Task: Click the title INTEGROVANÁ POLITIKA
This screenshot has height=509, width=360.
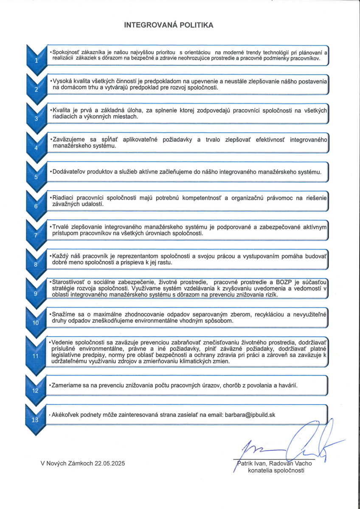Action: click(x=169, y=25)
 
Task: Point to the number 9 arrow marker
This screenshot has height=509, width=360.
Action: click(x=36, y=293)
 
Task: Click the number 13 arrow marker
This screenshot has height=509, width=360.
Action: click(x=36, y=420)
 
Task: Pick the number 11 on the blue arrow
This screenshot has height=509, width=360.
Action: click(x=36, y=355)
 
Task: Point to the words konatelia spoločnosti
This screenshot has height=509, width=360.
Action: click(x=276, y=470)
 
